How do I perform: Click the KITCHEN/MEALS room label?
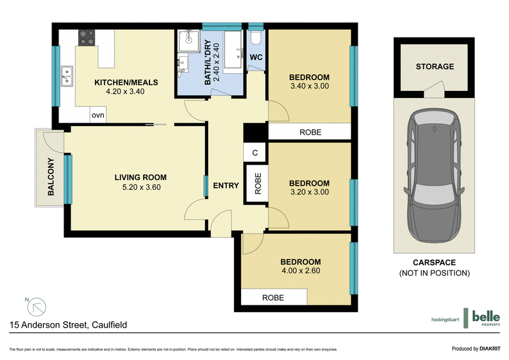[126, 83]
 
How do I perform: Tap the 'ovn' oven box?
[98, 115]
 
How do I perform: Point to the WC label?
[256, 57]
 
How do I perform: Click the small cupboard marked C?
[254, 153]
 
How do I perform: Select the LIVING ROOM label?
[141, 177]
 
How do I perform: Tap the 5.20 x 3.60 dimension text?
[141, 188]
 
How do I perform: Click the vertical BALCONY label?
[50, 176]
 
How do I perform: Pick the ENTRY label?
[226, 186]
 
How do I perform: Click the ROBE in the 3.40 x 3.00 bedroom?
[310, 133]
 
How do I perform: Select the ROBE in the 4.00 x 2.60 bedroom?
[272, 298]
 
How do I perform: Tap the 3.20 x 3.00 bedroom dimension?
[309, 193]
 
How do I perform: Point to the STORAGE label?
[435, 66]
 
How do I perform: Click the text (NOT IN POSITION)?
[435, 273]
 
